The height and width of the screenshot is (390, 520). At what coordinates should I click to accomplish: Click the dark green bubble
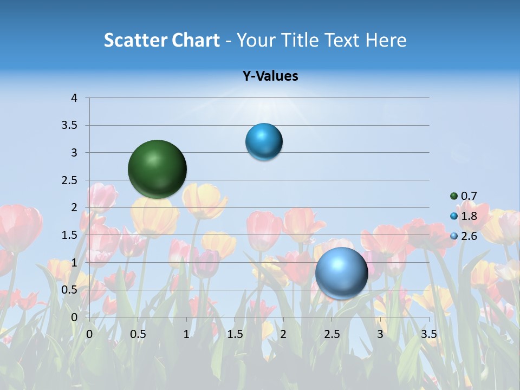coord(158,169)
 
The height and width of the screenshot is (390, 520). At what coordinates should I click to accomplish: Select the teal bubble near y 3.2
coord(264,142)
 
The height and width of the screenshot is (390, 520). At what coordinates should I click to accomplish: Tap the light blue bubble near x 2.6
coord(341,273)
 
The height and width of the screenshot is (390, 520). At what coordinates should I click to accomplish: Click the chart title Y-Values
coord(270,76)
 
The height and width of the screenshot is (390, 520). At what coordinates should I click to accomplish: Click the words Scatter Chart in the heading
coord(161,40)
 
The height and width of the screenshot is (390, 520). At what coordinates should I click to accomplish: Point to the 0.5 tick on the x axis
coord(138,334)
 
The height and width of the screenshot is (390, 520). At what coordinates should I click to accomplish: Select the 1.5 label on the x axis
coord(235,334)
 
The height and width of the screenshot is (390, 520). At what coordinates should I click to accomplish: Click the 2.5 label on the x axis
coord(332,334)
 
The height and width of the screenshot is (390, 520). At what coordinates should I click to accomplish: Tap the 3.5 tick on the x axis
coord(429,334)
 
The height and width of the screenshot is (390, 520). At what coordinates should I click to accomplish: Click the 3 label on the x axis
coord(380,334)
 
